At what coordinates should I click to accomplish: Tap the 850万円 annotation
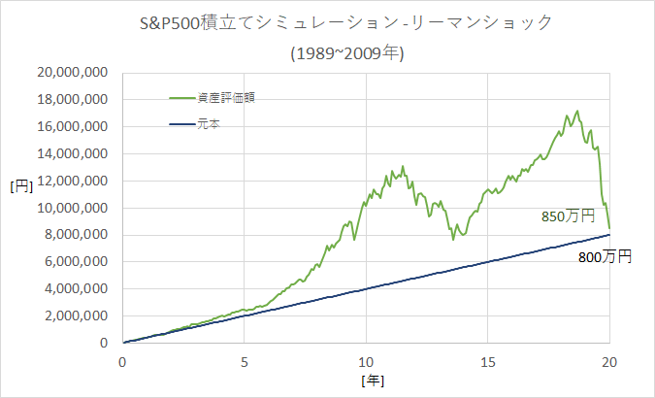point(568,217)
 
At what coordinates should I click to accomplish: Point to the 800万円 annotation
point(605,257)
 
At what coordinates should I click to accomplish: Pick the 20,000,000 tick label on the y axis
point(71,72)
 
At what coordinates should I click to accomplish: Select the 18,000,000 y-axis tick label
point(71,99)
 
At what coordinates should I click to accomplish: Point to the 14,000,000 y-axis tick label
point(71,153)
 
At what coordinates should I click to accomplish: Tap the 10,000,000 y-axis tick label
point(71,208)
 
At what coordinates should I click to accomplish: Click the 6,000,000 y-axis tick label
point(76,262)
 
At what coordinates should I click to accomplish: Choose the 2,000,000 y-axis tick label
point(76,316)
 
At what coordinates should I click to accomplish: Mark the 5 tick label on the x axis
point(245,360)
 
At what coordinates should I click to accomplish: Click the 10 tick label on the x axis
point(366,360)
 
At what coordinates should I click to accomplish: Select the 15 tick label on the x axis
point(487,360)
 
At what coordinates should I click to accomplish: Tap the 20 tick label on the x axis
point(609,360)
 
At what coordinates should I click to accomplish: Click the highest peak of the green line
point(577,111)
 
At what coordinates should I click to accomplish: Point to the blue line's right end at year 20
point(609,234)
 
